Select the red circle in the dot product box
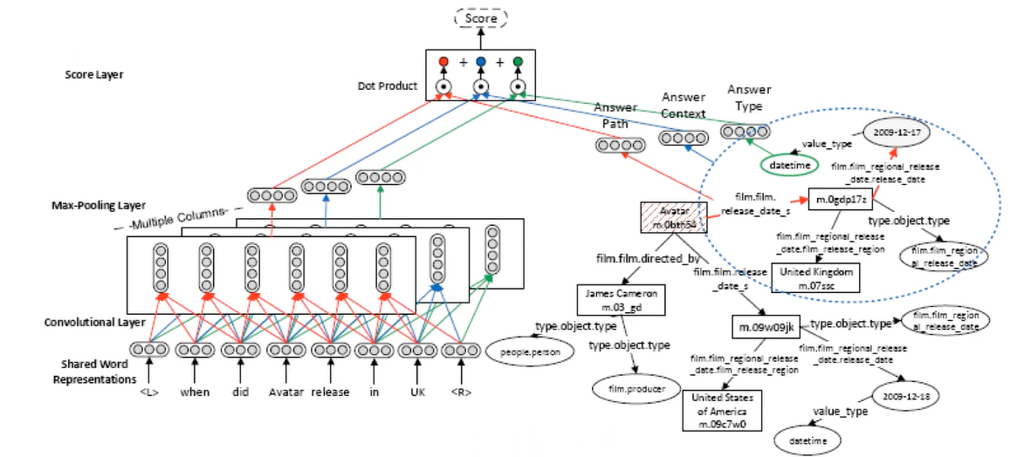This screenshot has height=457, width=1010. [x=443, y=62]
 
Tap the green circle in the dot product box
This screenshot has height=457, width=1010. [x=519, y=62]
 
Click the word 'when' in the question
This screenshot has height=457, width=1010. [x=196, y=392]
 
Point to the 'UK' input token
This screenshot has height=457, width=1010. [x=417, y=392]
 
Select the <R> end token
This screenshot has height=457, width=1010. [x=460, y=392]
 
